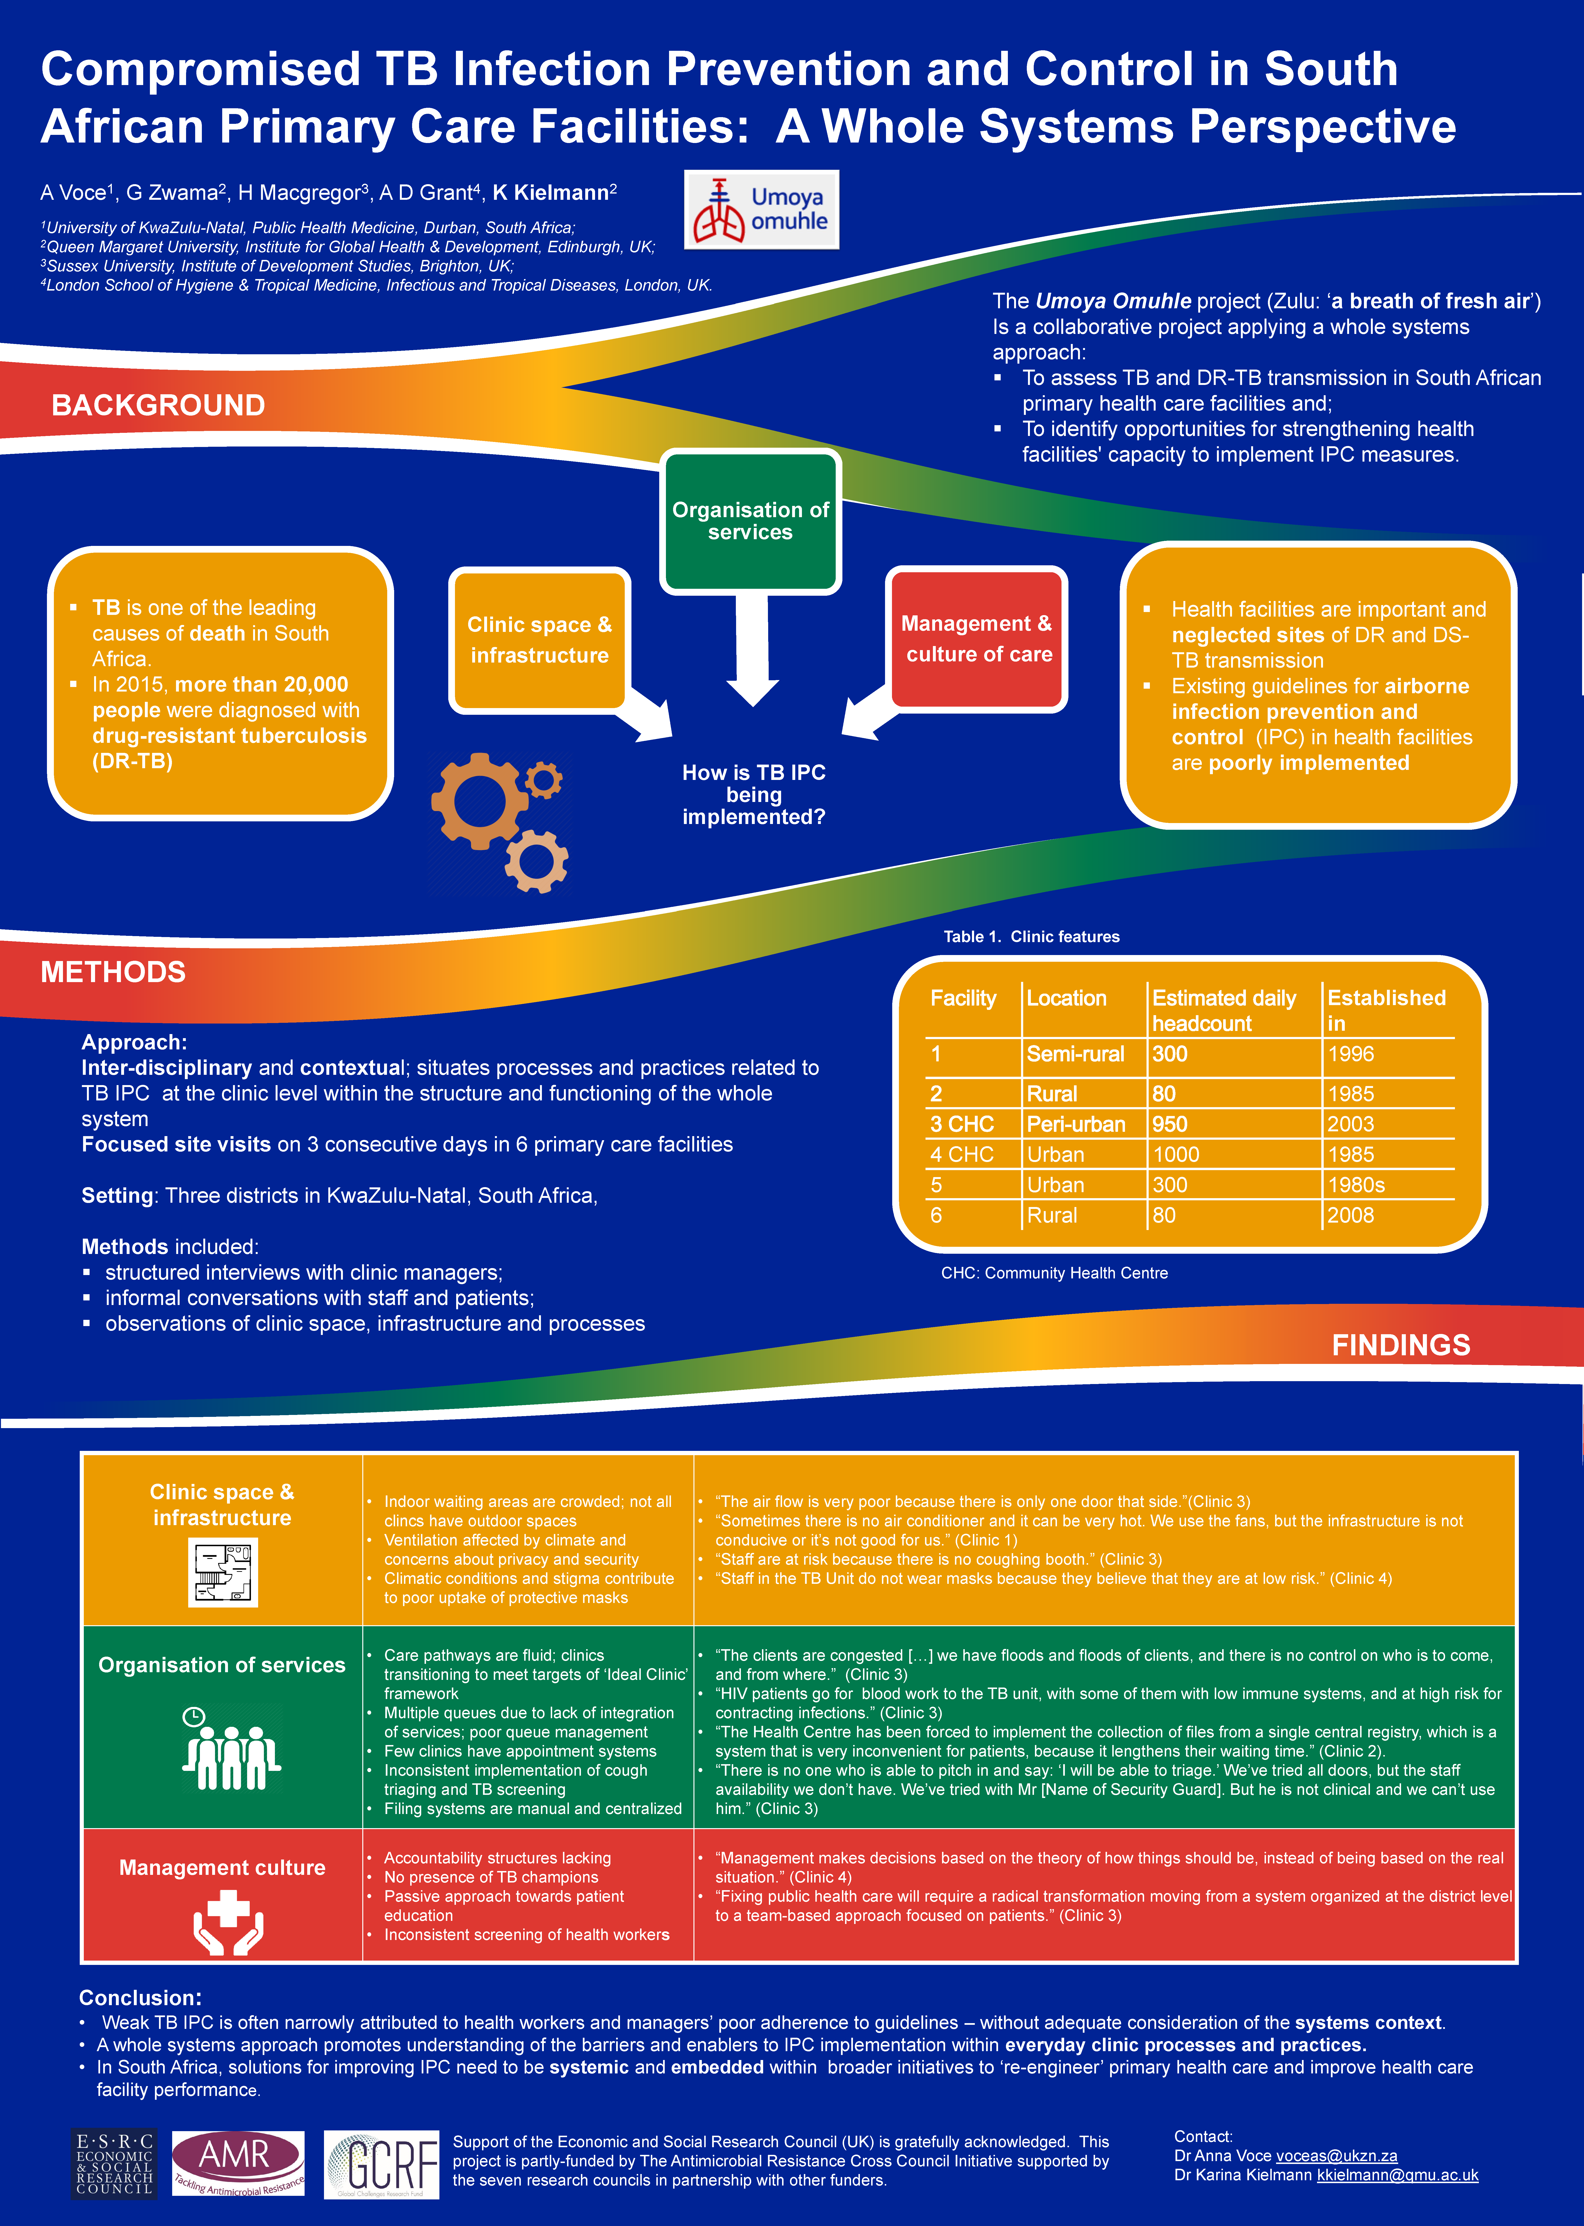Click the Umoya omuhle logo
point(761,210)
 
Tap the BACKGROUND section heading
point(158,405)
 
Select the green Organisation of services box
point(750,521)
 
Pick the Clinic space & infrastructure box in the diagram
point(539,640)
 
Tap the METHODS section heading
point(113,972)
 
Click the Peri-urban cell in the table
point(1076,1124)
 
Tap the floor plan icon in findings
point(223,1573)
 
